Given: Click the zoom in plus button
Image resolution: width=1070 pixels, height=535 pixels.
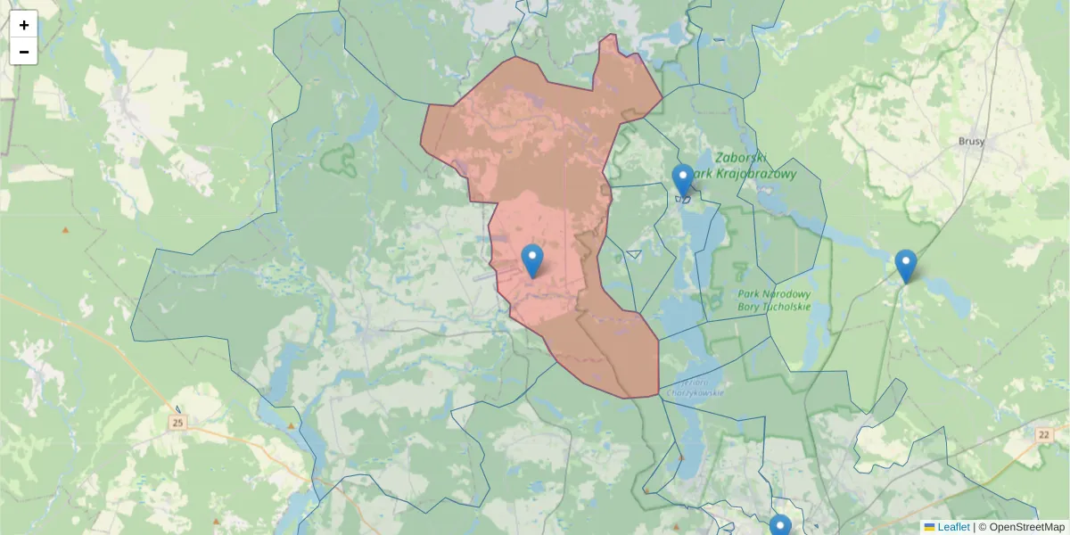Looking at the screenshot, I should pos(23,24).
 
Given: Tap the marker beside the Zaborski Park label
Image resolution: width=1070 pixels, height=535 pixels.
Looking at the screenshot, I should pos(683,181).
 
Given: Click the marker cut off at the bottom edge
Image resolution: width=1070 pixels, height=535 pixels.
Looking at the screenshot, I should pos(780,526).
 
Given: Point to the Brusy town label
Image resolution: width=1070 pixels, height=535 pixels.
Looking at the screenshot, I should pos(971,141).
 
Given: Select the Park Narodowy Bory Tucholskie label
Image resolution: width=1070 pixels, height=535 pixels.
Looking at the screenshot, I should pos(774,300).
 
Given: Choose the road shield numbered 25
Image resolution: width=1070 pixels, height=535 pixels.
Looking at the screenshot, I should pos(179,422).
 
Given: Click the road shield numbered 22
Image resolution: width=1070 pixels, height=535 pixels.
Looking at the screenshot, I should pos(1044,433).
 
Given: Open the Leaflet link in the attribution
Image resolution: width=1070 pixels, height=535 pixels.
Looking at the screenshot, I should pos(953,527).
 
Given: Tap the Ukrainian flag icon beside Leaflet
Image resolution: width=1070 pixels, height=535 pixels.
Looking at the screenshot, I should pos(929,527).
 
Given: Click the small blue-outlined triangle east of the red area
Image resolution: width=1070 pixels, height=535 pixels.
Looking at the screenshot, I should pos(634,254).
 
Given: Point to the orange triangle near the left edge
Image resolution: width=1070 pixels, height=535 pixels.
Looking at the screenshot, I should pos(65,230).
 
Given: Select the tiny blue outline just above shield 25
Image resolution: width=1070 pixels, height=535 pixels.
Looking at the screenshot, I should pos(178,409).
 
